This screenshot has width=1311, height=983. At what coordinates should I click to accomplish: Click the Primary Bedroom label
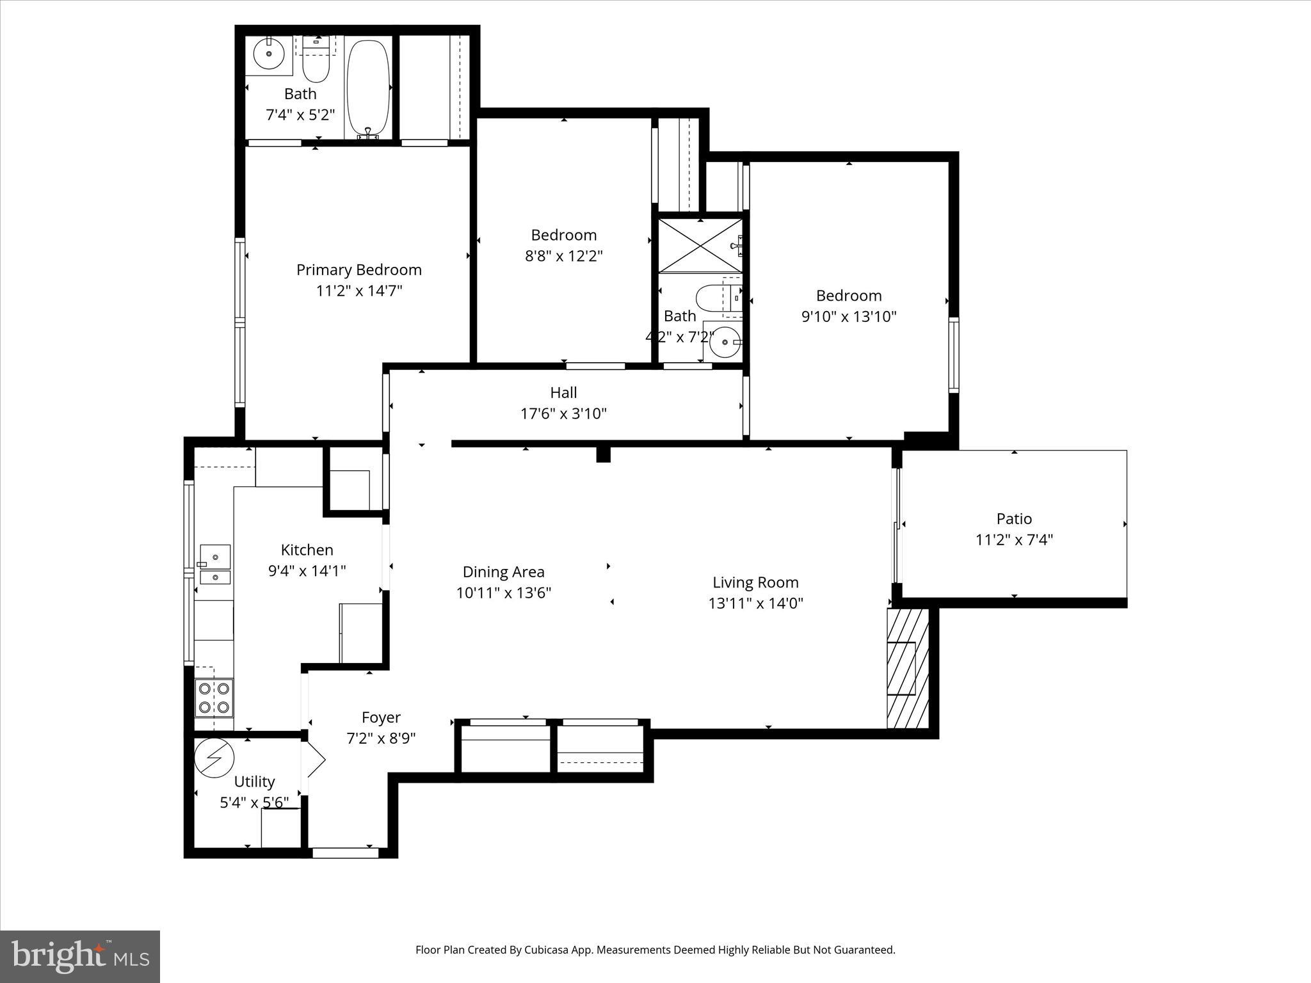(x=358, y=269)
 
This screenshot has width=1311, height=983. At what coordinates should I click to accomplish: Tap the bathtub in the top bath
(x=367, y=87)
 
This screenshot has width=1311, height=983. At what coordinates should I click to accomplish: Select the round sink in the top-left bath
(x=269, y=54)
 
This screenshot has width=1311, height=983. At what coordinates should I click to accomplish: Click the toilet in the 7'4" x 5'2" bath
(x=316, y=63)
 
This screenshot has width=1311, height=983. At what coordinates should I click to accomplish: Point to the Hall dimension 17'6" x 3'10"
(x=563, y=413)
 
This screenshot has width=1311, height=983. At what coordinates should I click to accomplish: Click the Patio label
(x=1014, y=518)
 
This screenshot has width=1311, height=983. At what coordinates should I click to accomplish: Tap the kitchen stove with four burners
(x=214, y=698)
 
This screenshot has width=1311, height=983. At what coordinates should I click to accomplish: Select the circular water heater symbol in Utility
(x=214, y=758)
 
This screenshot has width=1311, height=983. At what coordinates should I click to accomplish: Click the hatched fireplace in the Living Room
(x=907, y=669)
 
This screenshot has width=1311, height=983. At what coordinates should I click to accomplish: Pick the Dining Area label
(x=503, y=571)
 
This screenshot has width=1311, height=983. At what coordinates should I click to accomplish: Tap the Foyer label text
(x=381, y=717)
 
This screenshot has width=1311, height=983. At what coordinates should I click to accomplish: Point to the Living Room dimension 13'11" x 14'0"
(x=755, y=603)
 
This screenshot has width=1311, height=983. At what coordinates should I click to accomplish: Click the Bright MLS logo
(x=80, y=957)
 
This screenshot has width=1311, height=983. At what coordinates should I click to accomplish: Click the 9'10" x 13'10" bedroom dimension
(x=849, y=316)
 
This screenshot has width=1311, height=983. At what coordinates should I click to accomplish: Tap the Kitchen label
(x=307, y=550)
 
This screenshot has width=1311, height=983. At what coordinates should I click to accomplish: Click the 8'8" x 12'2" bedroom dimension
(x=563, y=256)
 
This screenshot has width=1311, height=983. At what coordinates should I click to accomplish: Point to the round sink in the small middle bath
(x=725, y=342)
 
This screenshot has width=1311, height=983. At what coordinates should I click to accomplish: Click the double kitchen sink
(x=215, y=564)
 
